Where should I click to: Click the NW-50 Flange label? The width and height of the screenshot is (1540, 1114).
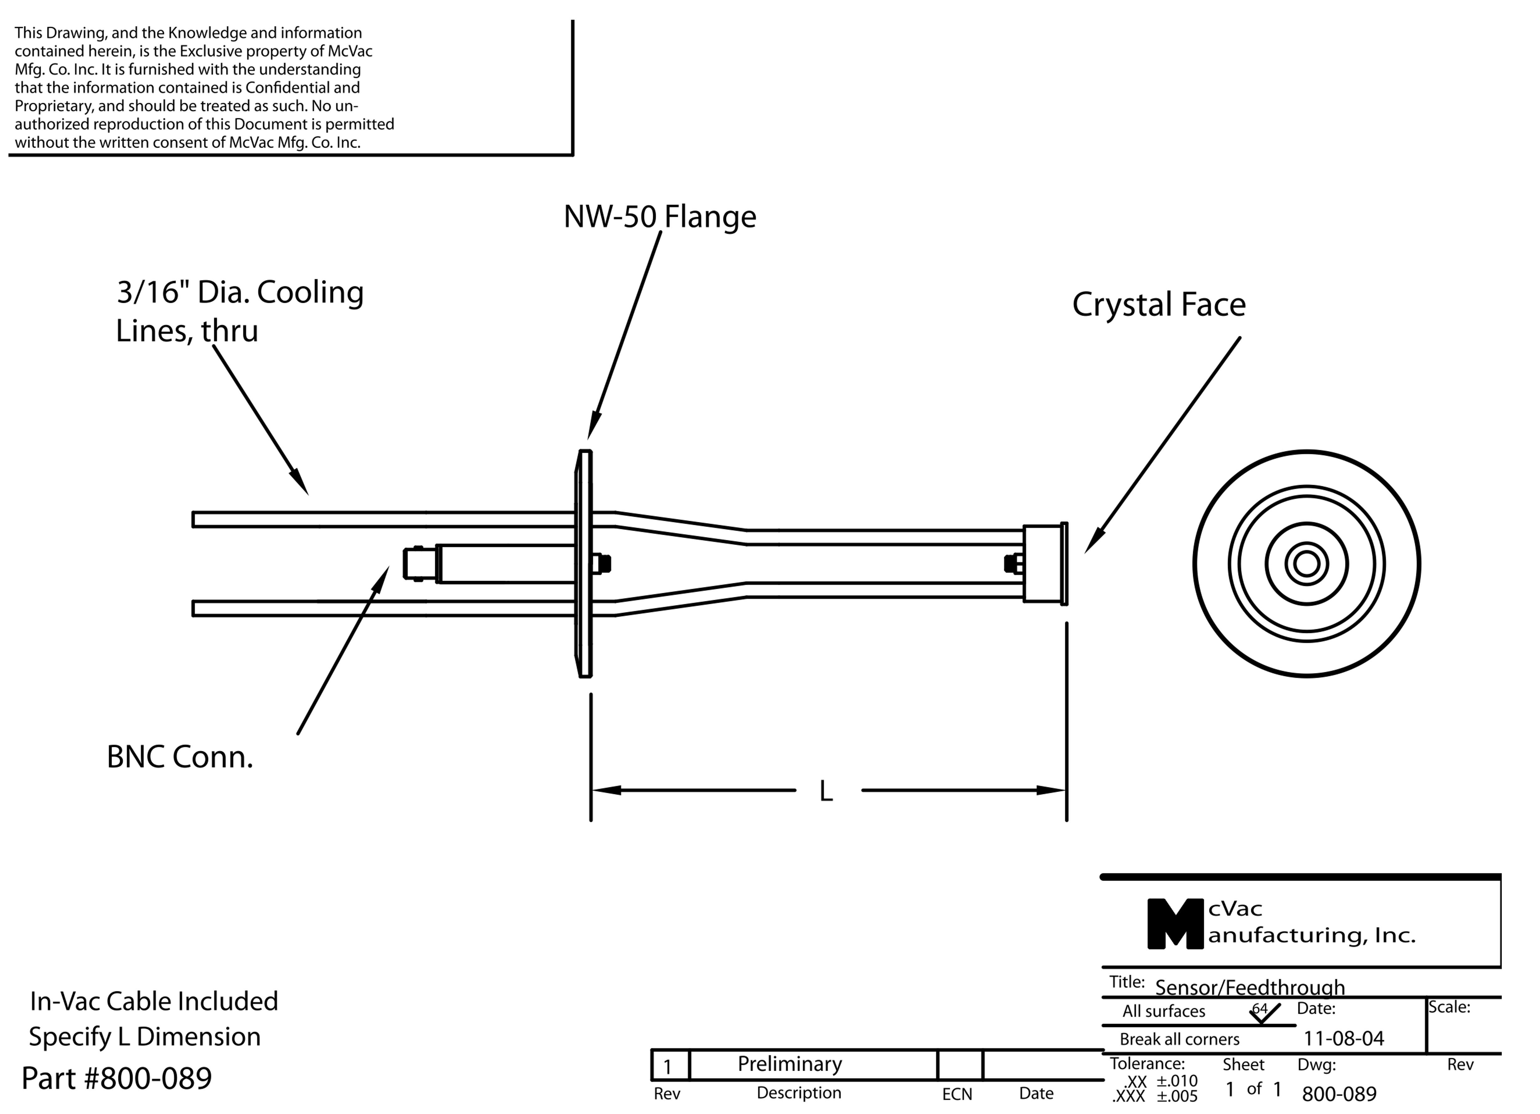click(x=659, y=217)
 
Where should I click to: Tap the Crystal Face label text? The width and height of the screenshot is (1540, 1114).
click(x=1158, y=305)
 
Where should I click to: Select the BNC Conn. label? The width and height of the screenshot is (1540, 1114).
click(x=180, y=757)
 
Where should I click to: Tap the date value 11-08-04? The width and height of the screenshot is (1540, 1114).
click(x=1343, y=1039)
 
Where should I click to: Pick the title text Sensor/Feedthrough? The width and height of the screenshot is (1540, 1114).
click(x=1249, y=987)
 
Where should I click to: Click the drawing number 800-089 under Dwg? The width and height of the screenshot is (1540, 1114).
click(x=1339, y=1094)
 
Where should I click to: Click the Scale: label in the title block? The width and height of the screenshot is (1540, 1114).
click(x=1449, y=1007)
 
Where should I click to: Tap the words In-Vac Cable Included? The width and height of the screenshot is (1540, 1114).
click(x=154, y=1001)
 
